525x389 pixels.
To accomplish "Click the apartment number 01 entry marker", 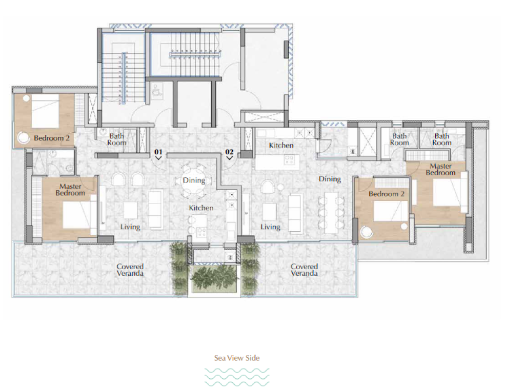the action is click(158, 154).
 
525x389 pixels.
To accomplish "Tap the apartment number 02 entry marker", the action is click(229, 154).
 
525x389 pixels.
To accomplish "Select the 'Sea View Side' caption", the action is click(237, 358).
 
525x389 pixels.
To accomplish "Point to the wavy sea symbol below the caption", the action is click(237, 377).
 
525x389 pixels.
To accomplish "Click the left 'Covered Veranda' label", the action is click(130, 270).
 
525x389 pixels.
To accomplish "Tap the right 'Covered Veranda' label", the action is click(304, 270).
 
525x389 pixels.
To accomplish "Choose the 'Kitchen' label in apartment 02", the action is click(281, 145).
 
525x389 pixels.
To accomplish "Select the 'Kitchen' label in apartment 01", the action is click(201, 208).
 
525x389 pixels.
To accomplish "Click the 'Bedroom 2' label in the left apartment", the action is click(52, 138).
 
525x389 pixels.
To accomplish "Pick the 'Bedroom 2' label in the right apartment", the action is click(387, 194).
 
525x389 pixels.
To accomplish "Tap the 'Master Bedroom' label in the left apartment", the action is click(70, 190).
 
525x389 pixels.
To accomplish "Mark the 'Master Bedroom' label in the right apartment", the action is click(440, 170).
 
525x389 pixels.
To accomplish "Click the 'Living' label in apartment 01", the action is click(130, 227).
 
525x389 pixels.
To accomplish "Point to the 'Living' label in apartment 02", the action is click(270, 227).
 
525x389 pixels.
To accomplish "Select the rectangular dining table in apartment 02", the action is click(331, 213).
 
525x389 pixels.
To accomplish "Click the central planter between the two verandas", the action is click(215, 277).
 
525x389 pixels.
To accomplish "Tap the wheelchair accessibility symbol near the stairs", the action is click(156, 90).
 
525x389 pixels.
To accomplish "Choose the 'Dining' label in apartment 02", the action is click(330, 179).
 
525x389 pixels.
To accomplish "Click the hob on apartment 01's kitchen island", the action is click(201, 232).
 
